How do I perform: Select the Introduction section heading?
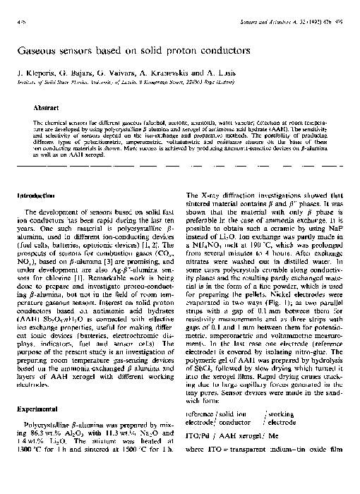click(37, 194)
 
